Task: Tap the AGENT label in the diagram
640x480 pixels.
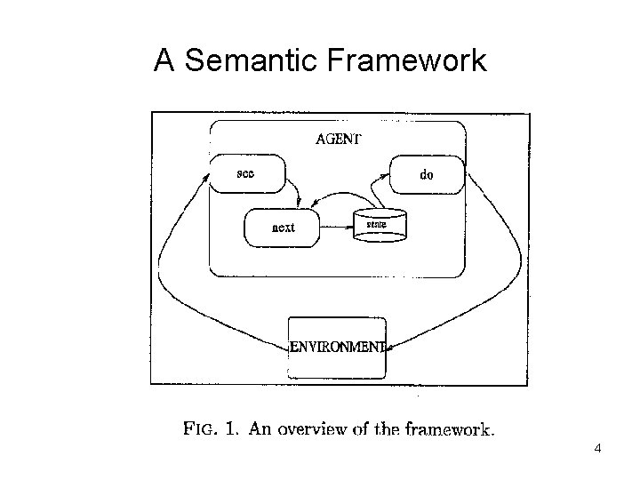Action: (338, 139)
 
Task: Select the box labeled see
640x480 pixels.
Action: (247, 173)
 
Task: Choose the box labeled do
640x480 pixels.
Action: (427, 175)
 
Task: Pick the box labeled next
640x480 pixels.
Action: (282, 227)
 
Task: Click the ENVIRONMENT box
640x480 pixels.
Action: (338, 347)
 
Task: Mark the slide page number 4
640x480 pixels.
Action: (597, 448)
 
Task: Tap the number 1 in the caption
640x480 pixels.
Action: (230, 430)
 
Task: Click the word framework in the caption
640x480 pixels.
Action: (448, 430)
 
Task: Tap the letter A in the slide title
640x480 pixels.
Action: (164, 61)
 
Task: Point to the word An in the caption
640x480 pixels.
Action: (260, 430)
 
